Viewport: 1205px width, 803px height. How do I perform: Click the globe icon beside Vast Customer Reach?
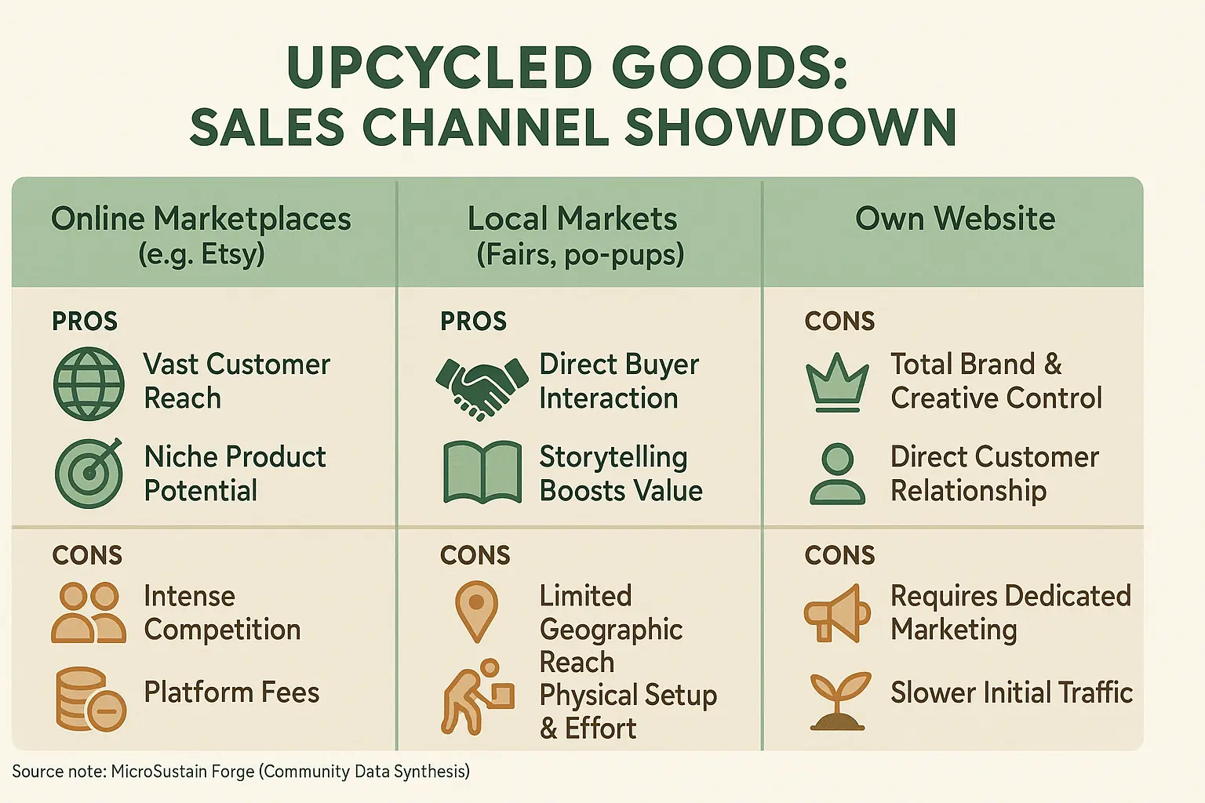point(89,384)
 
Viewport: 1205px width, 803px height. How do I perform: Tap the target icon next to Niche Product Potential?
point(89,474)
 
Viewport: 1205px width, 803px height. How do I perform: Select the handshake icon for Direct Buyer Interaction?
point(482,386)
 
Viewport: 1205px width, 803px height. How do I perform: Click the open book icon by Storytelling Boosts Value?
point(482,472)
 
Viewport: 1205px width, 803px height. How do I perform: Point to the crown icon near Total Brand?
point(837,382)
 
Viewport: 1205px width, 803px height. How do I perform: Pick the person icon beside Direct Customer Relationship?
point(837,474)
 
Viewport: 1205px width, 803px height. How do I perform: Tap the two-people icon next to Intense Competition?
point(89,613)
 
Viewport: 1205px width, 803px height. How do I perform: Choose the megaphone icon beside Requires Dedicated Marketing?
point(837,613)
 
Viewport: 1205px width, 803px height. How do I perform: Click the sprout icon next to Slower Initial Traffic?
point(839,700)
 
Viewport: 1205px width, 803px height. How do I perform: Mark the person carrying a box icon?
point(478,697)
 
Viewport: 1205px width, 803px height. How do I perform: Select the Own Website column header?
point(955,219)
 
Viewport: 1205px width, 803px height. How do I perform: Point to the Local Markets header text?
point(572,219)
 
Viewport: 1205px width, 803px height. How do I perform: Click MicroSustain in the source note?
point(183,772)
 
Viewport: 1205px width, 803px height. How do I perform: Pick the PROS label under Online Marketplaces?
point(85,322)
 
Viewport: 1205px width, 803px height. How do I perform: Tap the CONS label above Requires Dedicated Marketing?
point(839,555)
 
